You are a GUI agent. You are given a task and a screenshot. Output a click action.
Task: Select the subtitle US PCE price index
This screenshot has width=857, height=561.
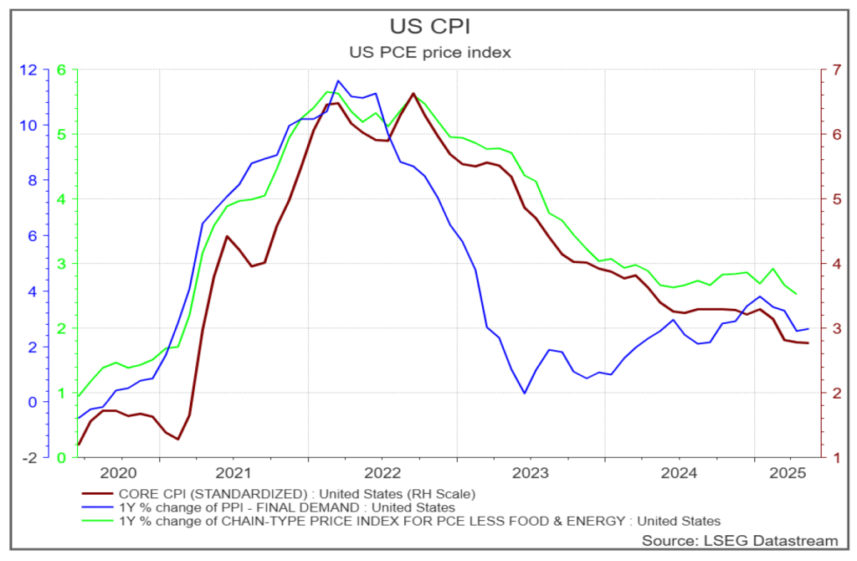coord(429,52)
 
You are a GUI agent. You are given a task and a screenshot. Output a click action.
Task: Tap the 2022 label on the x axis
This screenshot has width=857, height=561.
coord(381,471)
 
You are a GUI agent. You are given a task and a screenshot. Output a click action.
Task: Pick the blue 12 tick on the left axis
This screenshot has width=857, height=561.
coord(29,69)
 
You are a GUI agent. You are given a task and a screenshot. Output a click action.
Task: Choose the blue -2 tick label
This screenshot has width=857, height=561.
coord(29,457)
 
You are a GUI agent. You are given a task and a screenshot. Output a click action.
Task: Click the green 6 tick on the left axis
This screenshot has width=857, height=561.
coord(60,69)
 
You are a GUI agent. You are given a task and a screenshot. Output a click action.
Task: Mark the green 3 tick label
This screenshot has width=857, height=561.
coord(60,263)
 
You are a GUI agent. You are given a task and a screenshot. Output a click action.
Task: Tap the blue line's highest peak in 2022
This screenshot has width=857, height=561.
coord(337,81)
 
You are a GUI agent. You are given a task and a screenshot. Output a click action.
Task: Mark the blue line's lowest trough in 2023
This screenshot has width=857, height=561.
coord(525,393)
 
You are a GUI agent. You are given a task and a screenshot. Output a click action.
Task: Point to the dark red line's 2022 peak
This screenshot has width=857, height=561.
coord(413,93)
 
